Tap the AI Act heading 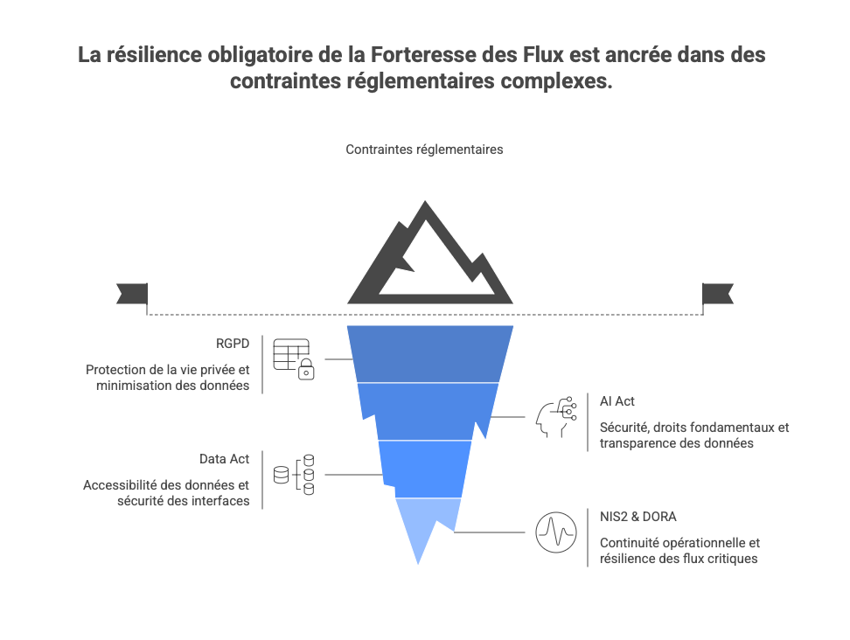pos(617,400)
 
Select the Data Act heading pos(224,458)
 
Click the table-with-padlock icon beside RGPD pos(293,358)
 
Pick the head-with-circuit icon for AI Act pos(556,417)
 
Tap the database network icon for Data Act pos(295,475)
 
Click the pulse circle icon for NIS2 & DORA pos(556,532)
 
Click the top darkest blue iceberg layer pos(429,353)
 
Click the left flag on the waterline pos(131,294)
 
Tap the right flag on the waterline pos(718,294)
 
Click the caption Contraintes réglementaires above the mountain pos(424,150)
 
